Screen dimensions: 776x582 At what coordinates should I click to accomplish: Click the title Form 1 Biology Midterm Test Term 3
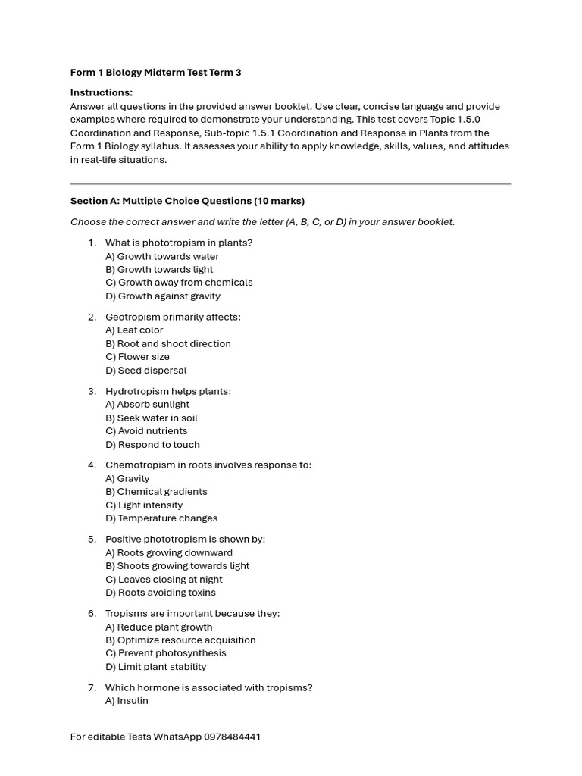click(155, 73)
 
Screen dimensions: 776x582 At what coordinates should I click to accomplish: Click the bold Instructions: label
click(102, 92)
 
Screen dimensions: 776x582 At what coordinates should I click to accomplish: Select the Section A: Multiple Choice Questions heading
click(187, 201)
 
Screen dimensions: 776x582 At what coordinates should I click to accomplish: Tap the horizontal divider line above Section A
click(290, 183)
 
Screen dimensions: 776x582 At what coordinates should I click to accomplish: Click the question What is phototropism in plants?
click(179, 242)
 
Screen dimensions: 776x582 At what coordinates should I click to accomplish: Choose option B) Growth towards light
click(159, 269)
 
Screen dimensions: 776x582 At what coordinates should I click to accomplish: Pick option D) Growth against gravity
click(163, 296)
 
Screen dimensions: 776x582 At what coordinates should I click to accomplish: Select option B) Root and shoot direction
click(168, 343)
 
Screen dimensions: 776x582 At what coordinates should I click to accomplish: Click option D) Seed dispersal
click(145, 370)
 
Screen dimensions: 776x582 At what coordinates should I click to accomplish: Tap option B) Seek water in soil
click(152, 418)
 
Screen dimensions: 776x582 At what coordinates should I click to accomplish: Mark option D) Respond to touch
click(152, 444)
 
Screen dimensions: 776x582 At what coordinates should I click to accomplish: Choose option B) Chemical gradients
click(156, 491)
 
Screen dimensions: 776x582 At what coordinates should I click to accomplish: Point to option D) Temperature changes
click(161, 518)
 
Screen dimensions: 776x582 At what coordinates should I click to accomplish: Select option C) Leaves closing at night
click(164, 579)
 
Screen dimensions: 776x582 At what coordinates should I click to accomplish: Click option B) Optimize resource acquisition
click(180, 640)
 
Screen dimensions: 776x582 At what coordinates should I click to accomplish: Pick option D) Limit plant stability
click(155, 666)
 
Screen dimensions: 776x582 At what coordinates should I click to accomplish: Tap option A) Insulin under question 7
click(127, 700)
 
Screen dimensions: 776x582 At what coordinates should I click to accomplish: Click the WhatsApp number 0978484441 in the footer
click(232, 737)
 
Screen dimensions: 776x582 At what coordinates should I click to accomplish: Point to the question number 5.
click(92, 539)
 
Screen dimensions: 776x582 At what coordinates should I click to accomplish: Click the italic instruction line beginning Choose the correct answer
click(262, 222)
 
